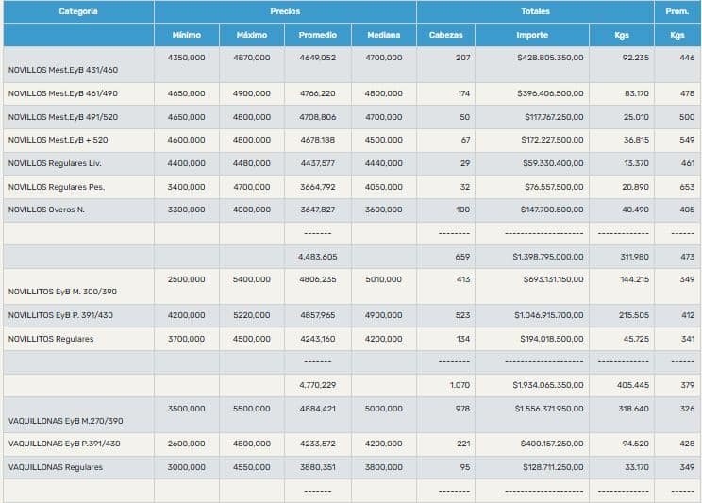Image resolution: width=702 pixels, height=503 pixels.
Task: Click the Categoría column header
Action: pos(77,11)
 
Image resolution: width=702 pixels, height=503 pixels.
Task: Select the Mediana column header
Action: pos(383,35)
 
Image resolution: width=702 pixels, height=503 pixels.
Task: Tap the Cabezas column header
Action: pos(445,35)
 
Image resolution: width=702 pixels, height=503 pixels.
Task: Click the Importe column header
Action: pos(532,35)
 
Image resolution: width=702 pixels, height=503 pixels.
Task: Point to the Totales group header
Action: pos(535,11)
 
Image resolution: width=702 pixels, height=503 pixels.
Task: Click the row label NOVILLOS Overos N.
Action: pos(46,210)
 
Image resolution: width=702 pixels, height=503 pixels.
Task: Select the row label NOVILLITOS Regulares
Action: pos(51,339)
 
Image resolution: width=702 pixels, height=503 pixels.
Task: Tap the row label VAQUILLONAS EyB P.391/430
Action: pos(63,444)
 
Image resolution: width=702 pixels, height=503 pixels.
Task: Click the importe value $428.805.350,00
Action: pos(550,58)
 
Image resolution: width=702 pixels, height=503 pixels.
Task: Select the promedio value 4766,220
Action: pos(317,93)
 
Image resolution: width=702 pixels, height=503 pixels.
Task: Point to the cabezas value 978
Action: pos(460,409)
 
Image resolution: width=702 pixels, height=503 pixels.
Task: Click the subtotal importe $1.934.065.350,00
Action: pos(548,385)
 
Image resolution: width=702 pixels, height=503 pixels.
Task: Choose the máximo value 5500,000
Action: pos(251,409)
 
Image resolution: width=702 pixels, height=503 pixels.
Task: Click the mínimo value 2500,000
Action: pos(186,279)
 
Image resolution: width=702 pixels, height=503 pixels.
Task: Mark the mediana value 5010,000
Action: pos(383,279)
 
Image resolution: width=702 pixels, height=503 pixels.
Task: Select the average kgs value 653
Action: pos(686,186)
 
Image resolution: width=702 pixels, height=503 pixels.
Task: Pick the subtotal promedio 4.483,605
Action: pos(317,256)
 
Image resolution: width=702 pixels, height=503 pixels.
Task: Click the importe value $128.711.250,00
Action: pos(551,466)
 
